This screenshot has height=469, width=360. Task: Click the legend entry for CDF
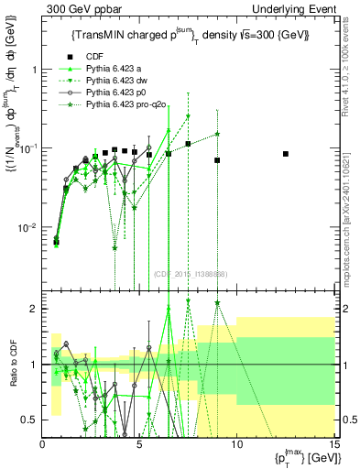pyautogui.click(x=94, y=57)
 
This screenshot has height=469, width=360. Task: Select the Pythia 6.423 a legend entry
pyautogui.click(x=114, y=69)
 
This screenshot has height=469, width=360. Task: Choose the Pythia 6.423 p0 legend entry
pyautogui.click(x=115, y=93)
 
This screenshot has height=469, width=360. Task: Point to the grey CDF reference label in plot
pyautogui.click(x=190, y=274)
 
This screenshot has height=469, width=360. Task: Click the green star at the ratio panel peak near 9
pyautogui.click(x=217, y=302)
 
